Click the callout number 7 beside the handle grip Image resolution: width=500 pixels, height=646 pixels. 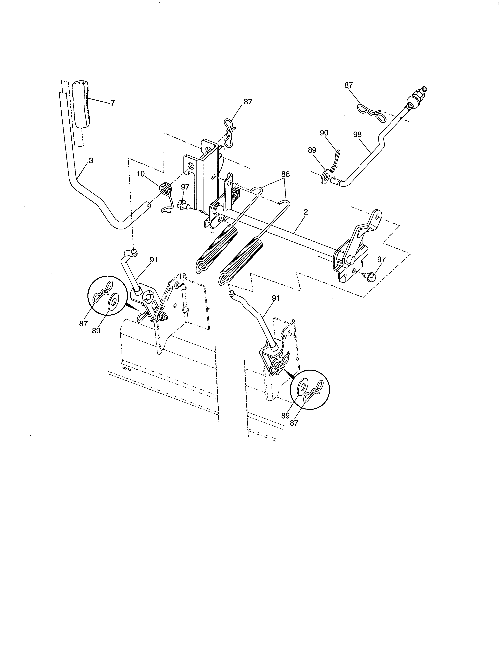[x=113, y=103]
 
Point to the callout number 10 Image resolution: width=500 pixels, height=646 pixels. [x=140, y=174]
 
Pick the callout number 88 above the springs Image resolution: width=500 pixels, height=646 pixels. [x=285, y=174]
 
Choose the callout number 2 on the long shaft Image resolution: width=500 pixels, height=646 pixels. [x=306, y=212]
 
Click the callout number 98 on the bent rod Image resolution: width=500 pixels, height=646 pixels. [x=357, y=134]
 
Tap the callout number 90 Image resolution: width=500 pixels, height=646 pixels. [x=324, y=133]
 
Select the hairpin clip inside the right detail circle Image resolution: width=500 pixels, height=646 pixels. [x=317, y=391]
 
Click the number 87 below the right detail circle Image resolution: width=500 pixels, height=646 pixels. [x=294, y=423]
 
